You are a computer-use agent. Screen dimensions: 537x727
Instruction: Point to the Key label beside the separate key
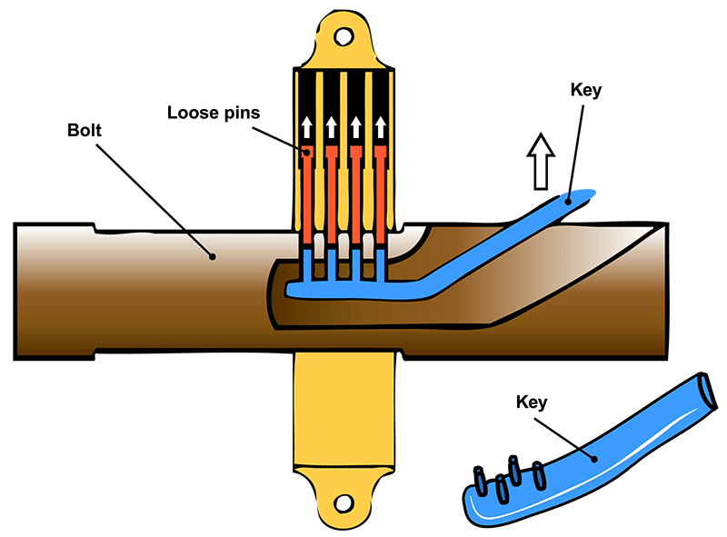pos(536,399)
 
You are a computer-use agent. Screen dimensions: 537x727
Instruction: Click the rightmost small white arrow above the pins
pos(382,126)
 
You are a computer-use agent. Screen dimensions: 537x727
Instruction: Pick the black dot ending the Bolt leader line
pos(213,256)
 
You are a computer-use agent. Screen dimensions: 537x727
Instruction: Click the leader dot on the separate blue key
pos(595,458)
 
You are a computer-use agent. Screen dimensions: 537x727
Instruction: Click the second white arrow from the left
pos(332,126)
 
